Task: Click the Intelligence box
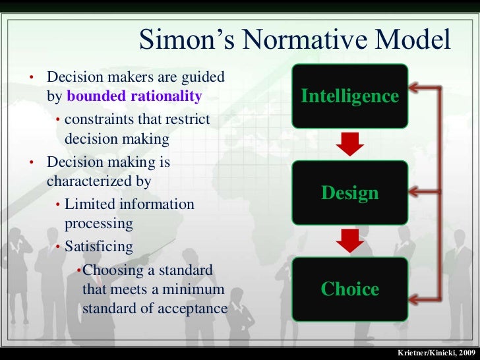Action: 349,96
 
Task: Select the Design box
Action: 349,193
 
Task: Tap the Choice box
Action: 349,289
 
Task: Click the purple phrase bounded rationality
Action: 135,96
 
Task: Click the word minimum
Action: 196,289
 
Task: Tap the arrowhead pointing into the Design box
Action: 415,192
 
